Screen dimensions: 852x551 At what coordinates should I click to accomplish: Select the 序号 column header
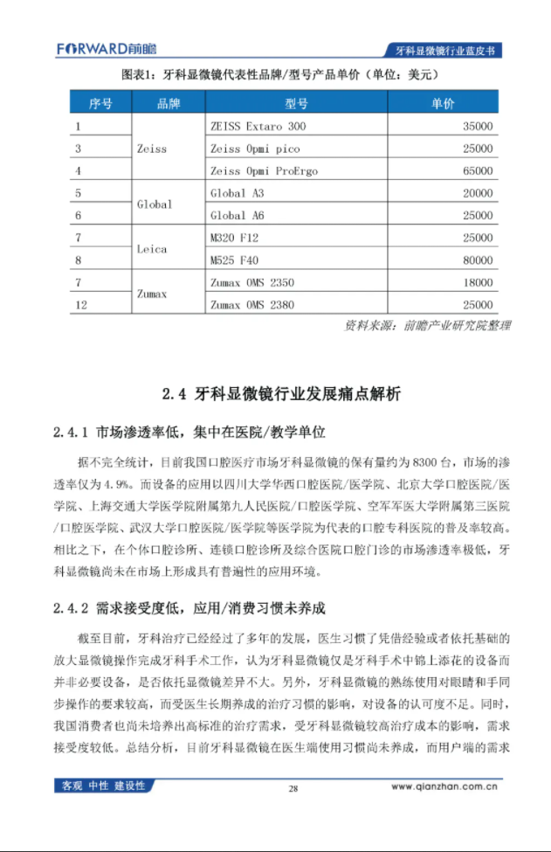click(100, 104)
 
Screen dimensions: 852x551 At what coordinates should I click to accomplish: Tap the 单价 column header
click(443, 104)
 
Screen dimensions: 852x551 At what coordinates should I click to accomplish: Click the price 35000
click(478, 127)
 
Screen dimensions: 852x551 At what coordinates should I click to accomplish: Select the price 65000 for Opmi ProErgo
click(478, 171)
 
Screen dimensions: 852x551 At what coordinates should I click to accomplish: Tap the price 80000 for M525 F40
click(478, 260)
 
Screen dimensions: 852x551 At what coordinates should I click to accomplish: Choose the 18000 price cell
click(478, 283)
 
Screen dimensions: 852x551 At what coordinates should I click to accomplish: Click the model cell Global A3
click(237, 193)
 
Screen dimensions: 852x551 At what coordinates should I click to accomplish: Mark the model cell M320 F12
click(235, 238)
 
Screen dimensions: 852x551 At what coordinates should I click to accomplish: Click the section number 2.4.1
click(72, 432)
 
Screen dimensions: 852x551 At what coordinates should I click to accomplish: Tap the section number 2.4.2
click(72, 607)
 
